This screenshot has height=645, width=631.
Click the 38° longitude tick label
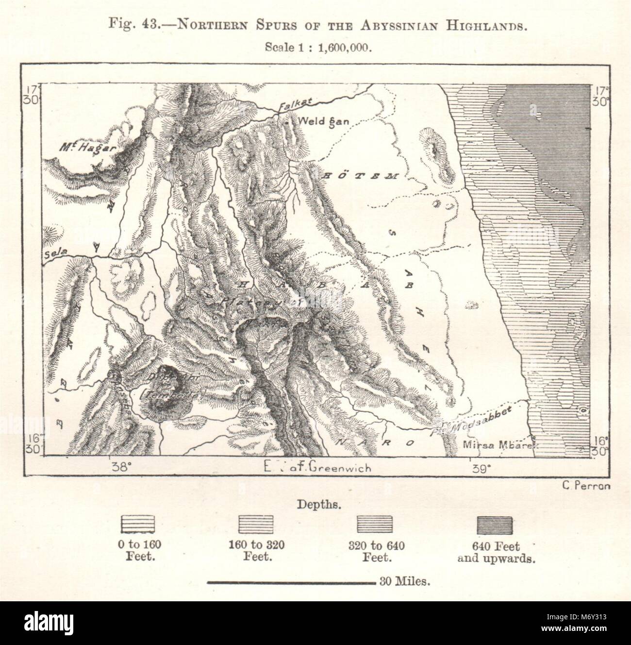tap(121, 468)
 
